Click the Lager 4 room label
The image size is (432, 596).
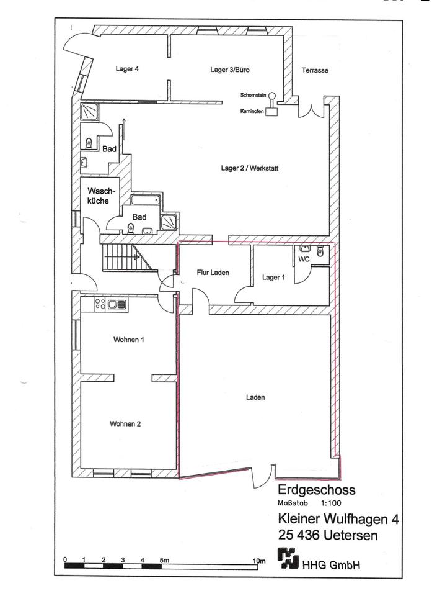coord(126,69)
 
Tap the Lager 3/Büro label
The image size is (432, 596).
coord(229,70)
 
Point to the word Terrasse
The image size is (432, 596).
coord(315,70)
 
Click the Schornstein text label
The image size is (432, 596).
coord(253,95)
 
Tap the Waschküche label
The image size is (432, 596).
coord(99,196)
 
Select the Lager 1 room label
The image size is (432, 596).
coord(274,277)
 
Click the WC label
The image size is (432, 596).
coord(304,258)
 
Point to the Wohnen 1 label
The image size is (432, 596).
coord(128,340)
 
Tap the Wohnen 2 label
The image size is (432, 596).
coord(125,424)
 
